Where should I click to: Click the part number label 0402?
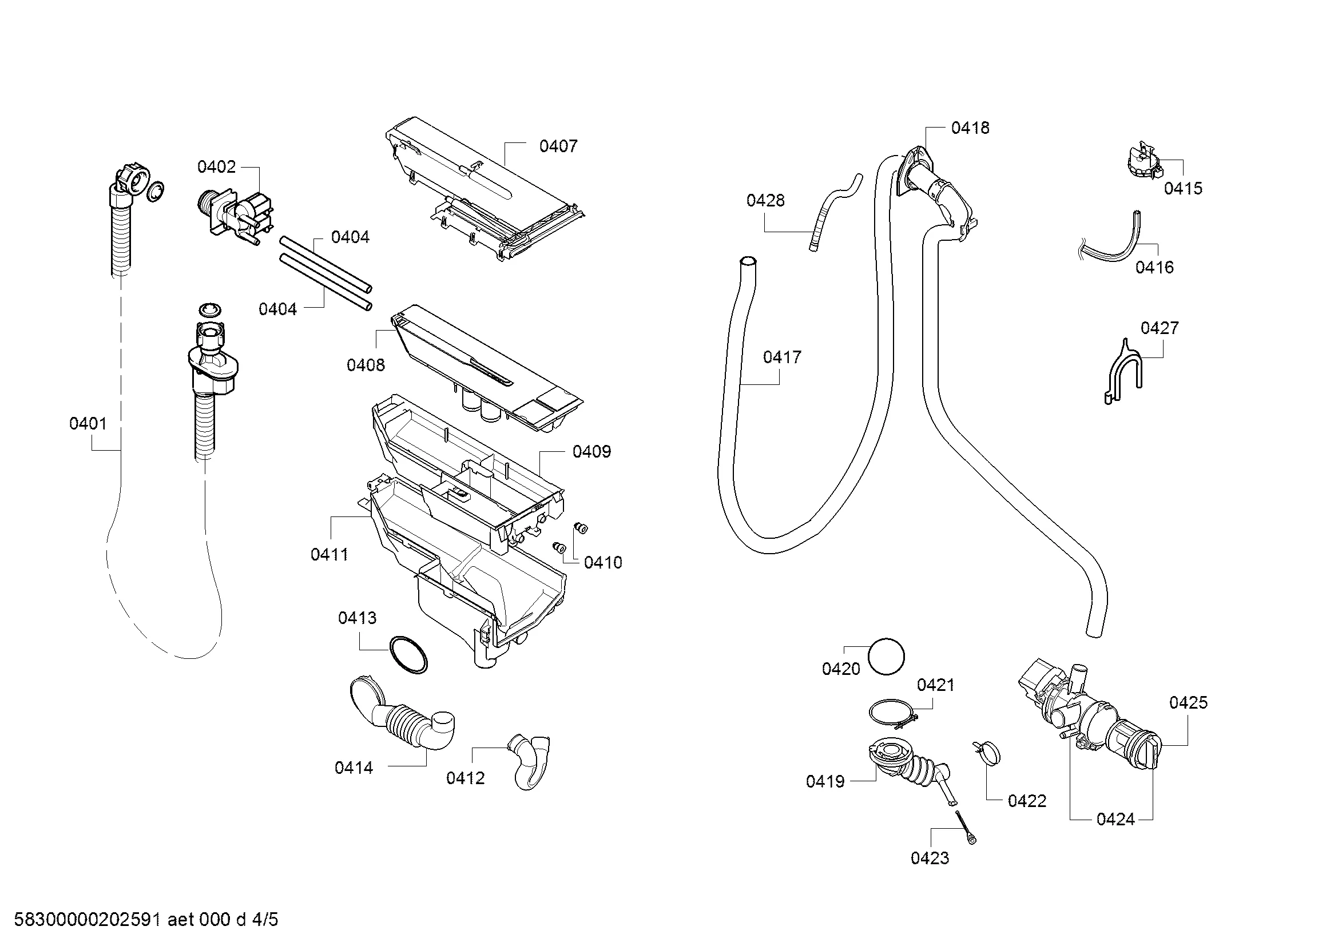[216, 167]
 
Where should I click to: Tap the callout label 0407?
[558, 146]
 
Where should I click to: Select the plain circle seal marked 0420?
[886, 657]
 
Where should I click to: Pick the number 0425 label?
[1188, 703]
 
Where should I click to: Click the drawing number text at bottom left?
[146, 920]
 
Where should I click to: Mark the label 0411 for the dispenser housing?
[329, 555]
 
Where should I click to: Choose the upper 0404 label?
[350, 237]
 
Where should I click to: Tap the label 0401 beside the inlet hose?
[88, 424]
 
